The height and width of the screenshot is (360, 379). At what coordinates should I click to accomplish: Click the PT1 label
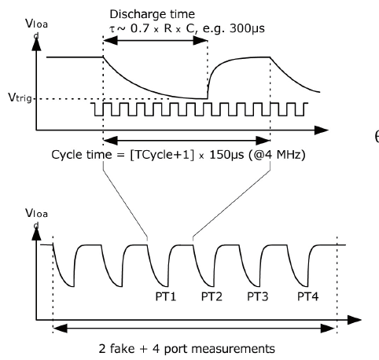click(x=166, y=296)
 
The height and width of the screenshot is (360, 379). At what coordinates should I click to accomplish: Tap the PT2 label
click(x=212, y=296)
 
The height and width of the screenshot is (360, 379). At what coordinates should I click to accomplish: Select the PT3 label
click(x=258, y=296)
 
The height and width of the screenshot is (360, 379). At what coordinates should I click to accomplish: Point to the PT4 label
click(x=307, y=296)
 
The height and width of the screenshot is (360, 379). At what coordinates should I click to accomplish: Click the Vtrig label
click(x=20, y=97)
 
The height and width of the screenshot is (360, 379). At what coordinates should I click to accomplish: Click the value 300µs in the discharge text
click(x=247, y=28)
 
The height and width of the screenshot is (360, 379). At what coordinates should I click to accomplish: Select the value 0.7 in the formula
click(x=140, y=28)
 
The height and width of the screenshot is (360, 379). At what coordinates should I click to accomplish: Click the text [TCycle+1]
click(x=163, y=155)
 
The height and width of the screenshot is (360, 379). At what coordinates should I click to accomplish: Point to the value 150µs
click(x=227, y=155)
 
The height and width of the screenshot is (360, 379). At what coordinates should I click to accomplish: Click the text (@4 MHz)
click(x=276, y=155)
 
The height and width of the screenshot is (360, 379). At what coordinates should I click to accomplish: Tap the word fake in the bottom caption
click(x=122, y=349)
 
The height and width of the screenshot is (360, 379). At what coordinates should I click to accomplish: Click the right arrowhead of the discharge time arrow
click(x=201, y=40)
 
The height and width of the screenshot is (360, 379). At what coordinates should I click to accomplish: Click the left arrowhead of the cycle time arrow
click(x=111, y=141)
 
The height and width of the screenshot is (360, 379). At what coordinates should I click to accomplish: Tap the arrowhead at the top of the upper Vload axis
click(x=36, y=44)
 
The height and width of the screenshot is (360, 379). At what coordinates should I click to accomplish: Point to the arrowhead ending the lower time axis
click(x=355, y=320)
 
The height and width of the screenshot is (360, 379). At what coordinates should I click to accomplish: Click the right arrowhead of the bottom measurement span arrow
click(x=329, y=328)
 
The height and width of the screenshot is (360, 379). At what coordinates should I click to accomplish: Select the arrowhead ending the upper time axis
click(x=322, y=130)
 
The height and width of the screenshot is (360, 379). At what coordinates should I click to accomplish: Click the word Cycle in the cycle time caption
click(x=66, y=155)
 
